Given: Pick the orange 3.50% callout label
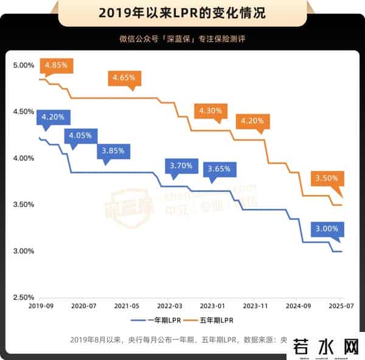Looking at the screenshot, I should click(x=330, y=178).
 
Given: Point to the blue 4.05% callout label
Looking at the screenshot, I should click(x=80, y=135).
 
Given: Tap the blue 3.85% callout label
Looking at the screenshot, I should click(x=113, y=150).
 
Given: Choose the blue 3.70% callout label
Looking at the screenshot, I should click(x=181, y=165).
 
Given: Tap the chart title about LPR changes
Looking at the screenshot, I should click(x=182, y=12).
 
